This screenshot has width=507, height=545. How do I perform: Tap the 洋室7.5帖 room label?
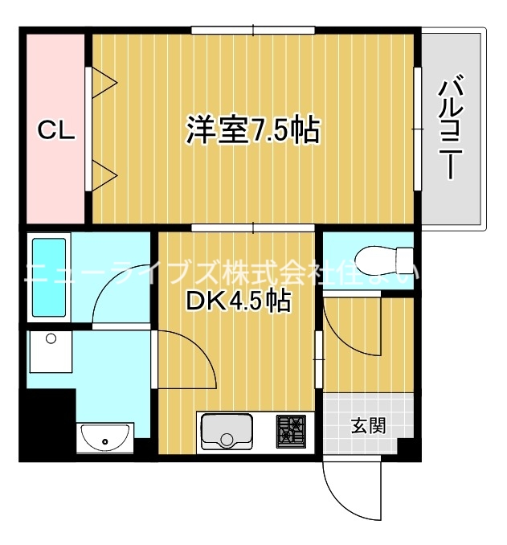pyautogui.click(x=252, y=130)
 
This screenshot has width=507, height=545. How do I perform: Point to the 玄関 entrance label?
pyautogui.click(x=367, y=425)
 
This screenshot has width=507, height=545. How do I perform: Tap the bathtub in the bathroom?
pyautogui.click(x=50, y=277)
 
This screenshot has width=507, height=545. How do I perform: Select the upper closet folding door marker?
pyautogui.click(x=104, y=80)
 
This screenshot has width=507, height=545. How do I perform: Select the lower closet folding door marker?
pyautogui.click(x=104, y=174)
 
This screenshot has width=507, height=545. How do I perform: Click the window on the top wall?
pyautogui.click(x=252, y=31)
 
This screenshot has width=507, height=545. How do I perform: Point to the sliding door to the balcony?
pyautogui.click(x=418, y=129)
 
